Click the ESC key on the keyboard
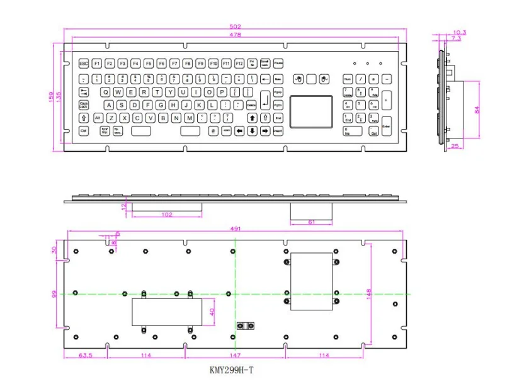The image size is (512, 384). pyautogui.click(x=83, y=64)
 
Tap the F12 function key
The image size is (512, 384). pyautogui.click(x=239, y=64)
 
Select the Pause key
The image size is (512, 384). pyautogui.click(x=278, y=64)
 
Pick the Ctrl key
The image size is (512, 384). pyautogui.click(x=83, y=131)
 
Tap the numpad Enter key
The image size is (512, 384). pyautogui.click(x=386, y=125)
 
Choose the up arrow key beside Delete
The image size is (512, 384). pyautogui.click(x=251, y=118)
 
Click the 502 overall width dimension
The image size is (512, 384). pyautogui.click(x=235, y=26)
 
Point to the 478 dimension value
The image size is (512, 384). pyautogui.click(x=235, y=35)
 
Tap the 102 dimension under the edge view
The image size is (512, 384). pyautogui.click(x=167, y=215)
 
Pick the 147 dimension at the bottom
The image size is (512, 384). pyautogui.click(x=236, y=356)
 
